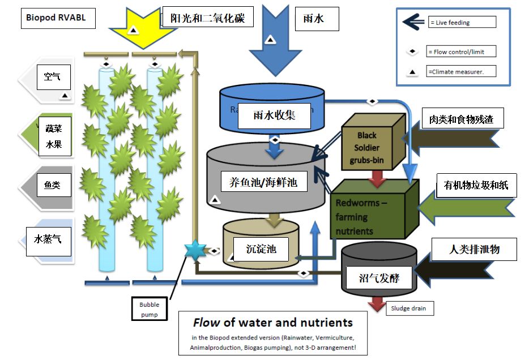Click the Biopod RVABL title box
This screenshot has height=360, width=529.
(56, 18)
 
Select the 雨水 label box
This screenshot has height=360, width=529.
(317, 19)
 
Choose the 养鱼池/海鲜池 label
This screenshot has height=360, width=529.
(264, 183)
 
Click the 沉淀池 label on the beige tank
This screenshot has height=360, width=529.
(261, 248)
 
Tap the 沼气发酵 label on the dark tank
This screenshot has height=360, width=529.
(379, 278)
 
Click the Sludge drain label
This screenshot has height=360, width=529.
(409, 308)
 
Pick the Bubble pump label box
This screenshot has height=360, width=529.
(150, 308)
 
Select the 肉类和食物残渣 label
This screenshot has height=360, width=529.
(462, 120)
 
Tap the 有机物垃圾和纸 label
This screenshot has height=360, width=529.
(476, 185)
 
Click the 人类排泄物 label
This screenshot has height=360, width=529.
(474, 249)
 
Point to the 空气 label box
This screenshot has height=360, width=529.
(53, 77)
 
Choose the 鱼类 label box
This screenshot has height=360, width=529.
(53, 185)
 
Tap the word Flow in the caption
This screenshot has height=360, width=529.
(207, 323)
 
